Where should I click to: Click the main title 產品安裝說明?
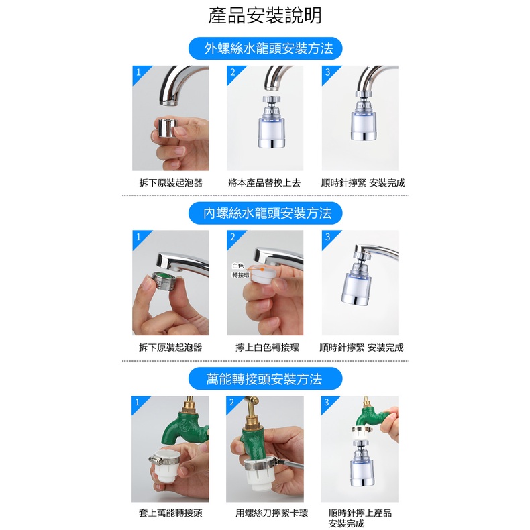pyautogui.click(x=264, y=15)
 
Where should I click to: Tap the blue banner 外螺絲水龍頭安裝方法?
pyautogui.click(x=266, y=48)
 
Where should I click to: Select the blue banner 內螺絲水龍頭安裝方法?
pyautogui.click(x=266, y=213)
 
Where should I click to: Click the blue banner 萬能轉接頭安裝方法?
pyautogui.click(x=266, y=378)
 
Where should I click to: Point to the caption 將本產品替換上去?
pyautogui.click(x=264, y=183)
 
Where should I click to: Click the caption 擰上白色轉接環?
pyautogui.click(x=267, y=348)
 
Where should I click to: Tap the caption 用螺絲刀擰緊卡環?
pyautogui.click(x=272, y=513)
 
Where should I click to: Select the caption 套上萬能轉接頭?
pyautogui.click(x=170, y=513)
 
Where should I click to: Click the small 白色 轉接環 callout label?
pyautogui.click(x=240, y=270)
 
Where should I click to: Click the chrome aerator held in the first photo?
pyautogui.click(x=168, y=128)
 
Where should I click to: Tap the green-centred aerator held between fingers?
pyautogui.click(x=166, y=280)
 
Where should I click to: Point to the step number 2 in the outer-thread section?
pyautogui.click(x=233, y=72)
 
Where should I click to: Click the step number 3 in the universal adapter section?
pyautogui.click(x=327, y=402)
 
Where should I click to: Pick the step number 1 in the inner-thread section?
pyautogui.click(x=138, y=237)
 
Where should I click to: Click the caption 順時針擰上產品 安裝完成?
pyautogui.click(x=360, y=518)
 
